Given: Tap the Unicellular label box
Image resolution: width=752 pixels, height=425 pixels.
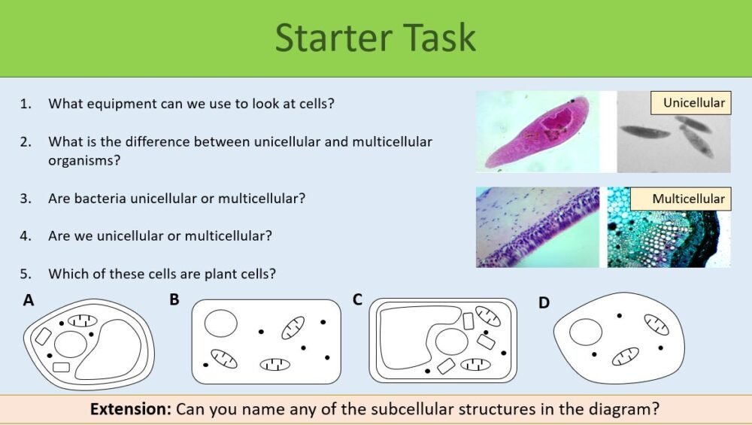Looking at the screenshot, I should pyautogui.click(x=693, y=103).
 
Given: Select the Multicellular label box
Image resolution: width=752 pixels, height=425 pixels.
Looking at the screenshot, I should pyautogui.click(x=688, y=199).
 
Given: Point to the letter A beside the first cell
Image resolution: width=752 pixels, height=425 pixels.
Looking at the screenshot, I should pyautogui.click(x=29, y=301).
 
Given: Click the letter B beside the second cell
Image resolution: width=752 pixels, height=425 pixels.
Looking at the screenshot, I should pyautogui.click(x=174, y=300).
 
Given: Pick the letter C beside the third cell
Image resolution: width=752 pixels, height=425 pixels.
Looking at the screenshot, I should pyautogui.click(x=358, y=300).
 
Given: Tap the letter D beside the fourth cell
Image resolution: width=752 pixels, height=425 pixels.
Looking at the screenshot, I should pyautogui.click(x=544, y=302).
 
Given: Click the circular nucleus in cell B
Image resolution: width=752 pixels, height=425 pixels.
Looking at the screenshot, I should pyautogui.click(x=221, y=324).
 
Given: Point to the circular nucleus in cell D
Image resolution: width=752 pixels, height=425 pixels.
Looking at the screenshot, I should pyautogui.click(x=586, y=332).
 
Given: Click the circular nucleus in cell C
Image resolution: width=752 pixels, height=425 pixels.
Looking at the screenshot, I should pyautogui.click(x=451, y=341).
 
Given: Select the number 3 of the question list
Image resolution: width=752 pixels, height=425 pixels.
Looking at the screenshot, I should pyautogui.click(x=26, y=199).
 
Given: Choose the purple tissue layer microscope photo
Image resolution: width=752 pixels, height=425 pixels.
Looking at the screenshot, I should pyautogui.click(x=537, y=227).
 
